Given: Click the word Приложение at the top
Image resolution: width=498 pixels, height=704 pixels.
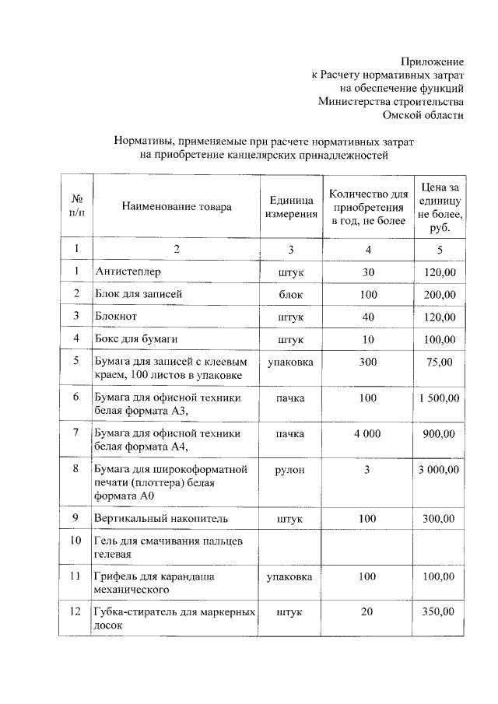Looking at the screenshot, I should (433, 61).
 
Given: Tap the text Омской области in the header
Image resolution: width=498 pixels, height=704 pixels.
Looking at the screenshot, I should (423, 114).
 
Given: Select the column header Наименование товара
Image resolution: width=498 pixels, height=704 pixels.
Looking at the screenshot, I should (176, 207).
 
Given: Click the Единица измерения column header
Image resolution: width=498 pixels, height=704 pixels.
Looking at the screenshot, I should (291, 207).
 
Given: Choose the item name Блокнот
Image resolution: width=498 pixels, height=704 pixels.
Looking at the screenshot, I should (118, 317).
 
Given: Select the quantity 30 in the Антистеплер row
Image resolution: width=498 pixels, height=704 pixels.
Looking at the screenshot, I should (368, 271).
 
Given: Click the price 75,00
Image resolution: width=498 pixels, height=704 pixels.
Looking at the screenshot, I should (439, 362).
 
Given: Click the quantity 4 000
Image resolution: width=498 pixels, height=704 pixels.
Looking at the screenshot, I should (367, 433).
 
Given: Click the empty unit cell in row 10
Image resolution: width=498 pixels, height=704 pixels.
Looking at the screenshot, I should (291, 547).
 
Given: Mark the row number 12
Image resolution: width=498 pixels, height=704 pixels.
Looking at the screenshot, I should (75, 611).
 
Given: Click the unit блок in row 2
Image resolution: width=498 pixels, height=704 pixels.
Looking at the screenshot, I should (291, 294).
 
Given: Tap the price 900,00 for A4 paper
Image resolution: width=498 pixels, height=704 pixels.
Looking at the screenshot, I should (439, 433).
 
